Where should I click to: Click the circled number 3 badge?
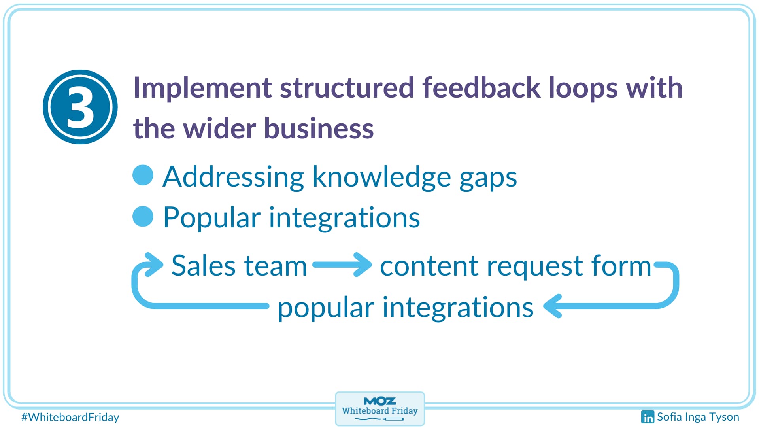pyautogui.click(x=80, y=107)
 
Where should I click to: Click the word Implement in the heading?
pyautogui.click(x=202, y=88)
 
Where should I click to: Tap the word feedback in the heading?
pyautogui.click(x=481, y=88)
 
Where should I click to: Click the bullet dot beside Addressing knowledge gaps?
pyautogui.click(x=143, y=175)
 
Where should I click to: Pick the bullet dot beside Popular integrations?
pyautogui.click(x=143, y=216)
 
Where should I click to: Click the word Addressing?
pyautogui.click(x=233, y=177)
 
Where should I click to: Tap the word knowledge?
pyautogui.click(x=381, y=178)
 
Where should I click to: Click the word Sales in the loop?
pyautogui.click(x=203, y=266)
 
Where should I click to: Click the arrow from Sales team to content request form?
pyautogui.click(x=342, y=265)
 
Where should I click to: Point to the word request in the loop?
pyautogui.click(x=538, y=266)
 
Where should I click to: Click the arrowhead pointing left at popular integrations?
pyautogui.click(x=553, y=306)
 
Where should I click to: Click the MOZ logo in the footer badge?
pyautogui.click(x=379, y=401)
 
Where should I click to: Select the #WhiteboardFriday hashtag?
pyautogui.click(x=70, y=417)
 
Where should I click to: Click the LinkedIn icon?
pyautogui.click(x=648, y=417)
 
